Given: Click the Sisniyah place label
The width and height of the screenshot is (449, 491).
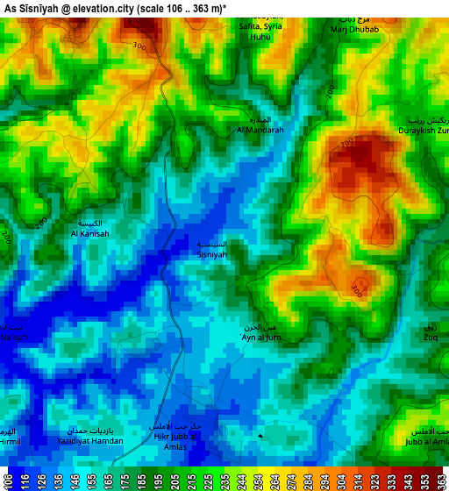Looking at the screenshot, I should tap(211, 254).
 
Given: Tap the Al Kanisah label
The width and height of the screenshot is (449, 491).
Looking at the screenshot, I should tap(90, 234).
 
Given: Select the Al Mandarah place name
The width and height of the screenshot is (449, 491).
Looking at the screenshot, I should tap(260, 130).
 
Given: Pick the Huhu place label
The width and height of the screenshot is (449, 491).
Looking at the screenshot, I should tap(260, 38).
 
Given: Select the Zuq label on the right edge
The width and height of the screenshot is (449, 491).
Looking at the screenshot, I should tap(431, 337).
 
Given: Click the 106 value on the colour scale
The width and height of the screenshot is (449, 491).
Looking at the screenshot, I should tap(8, 481).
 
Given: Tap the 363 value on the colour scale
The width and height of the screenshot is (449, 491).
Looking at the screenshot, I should tap(440, 481).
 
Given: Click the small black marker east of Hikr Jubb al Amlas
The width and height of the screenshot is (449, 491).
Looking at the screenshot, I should tap(260, 435).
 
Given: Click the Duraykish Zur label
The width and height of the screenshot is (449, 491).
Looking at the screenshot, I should tap(424, 130).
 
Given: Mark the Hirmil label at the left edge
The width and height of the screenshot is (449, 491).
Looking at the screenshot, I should tap(9, 441).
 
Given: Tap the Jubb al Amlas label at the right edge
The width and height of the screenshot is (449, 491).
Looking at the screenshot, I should tap(427, 441).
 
